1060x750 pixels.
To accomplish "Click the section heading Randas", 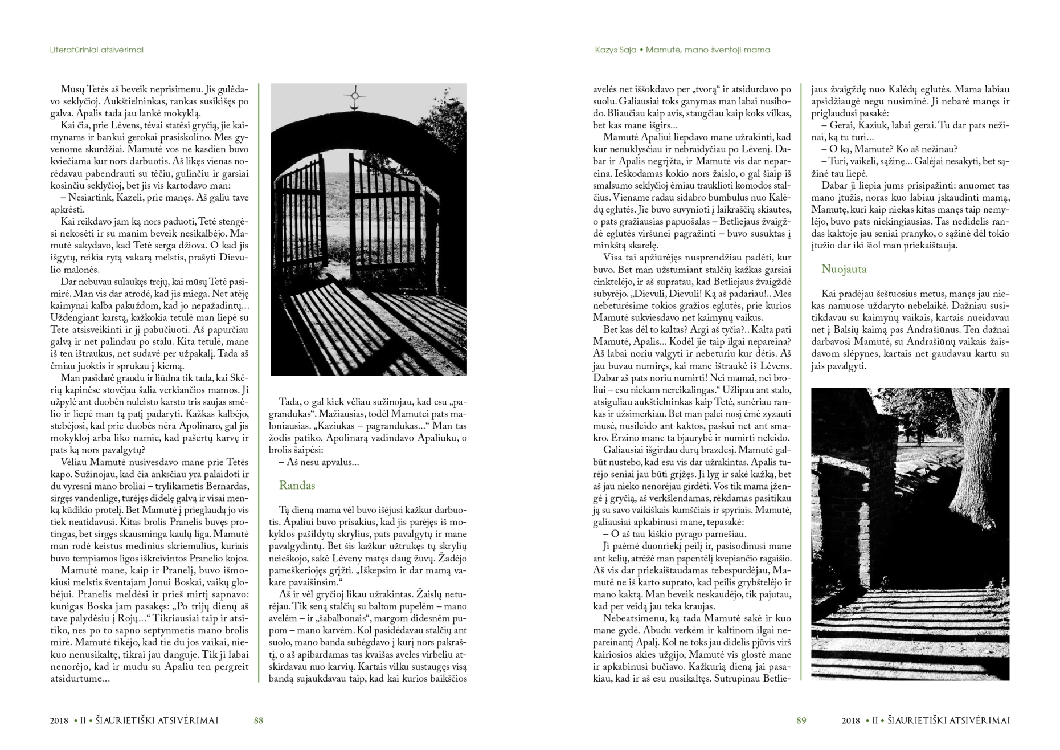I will point(297,486).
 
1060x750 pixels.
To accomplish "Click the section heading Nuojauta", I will point(844,269).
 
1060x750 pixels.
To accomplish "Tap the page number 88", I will point(258,720).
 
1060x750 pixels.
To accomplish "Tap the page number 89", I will point(801,720).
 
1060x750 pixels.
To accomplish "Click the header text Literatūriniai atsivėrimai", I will point(96,50).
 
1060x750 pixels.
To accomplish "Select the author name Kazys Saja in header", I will point(615,50).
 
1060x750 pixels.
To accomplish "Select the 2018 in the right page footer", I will point(850,720).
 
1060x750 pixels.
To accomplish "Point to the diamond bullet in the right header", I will point(641,50).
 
